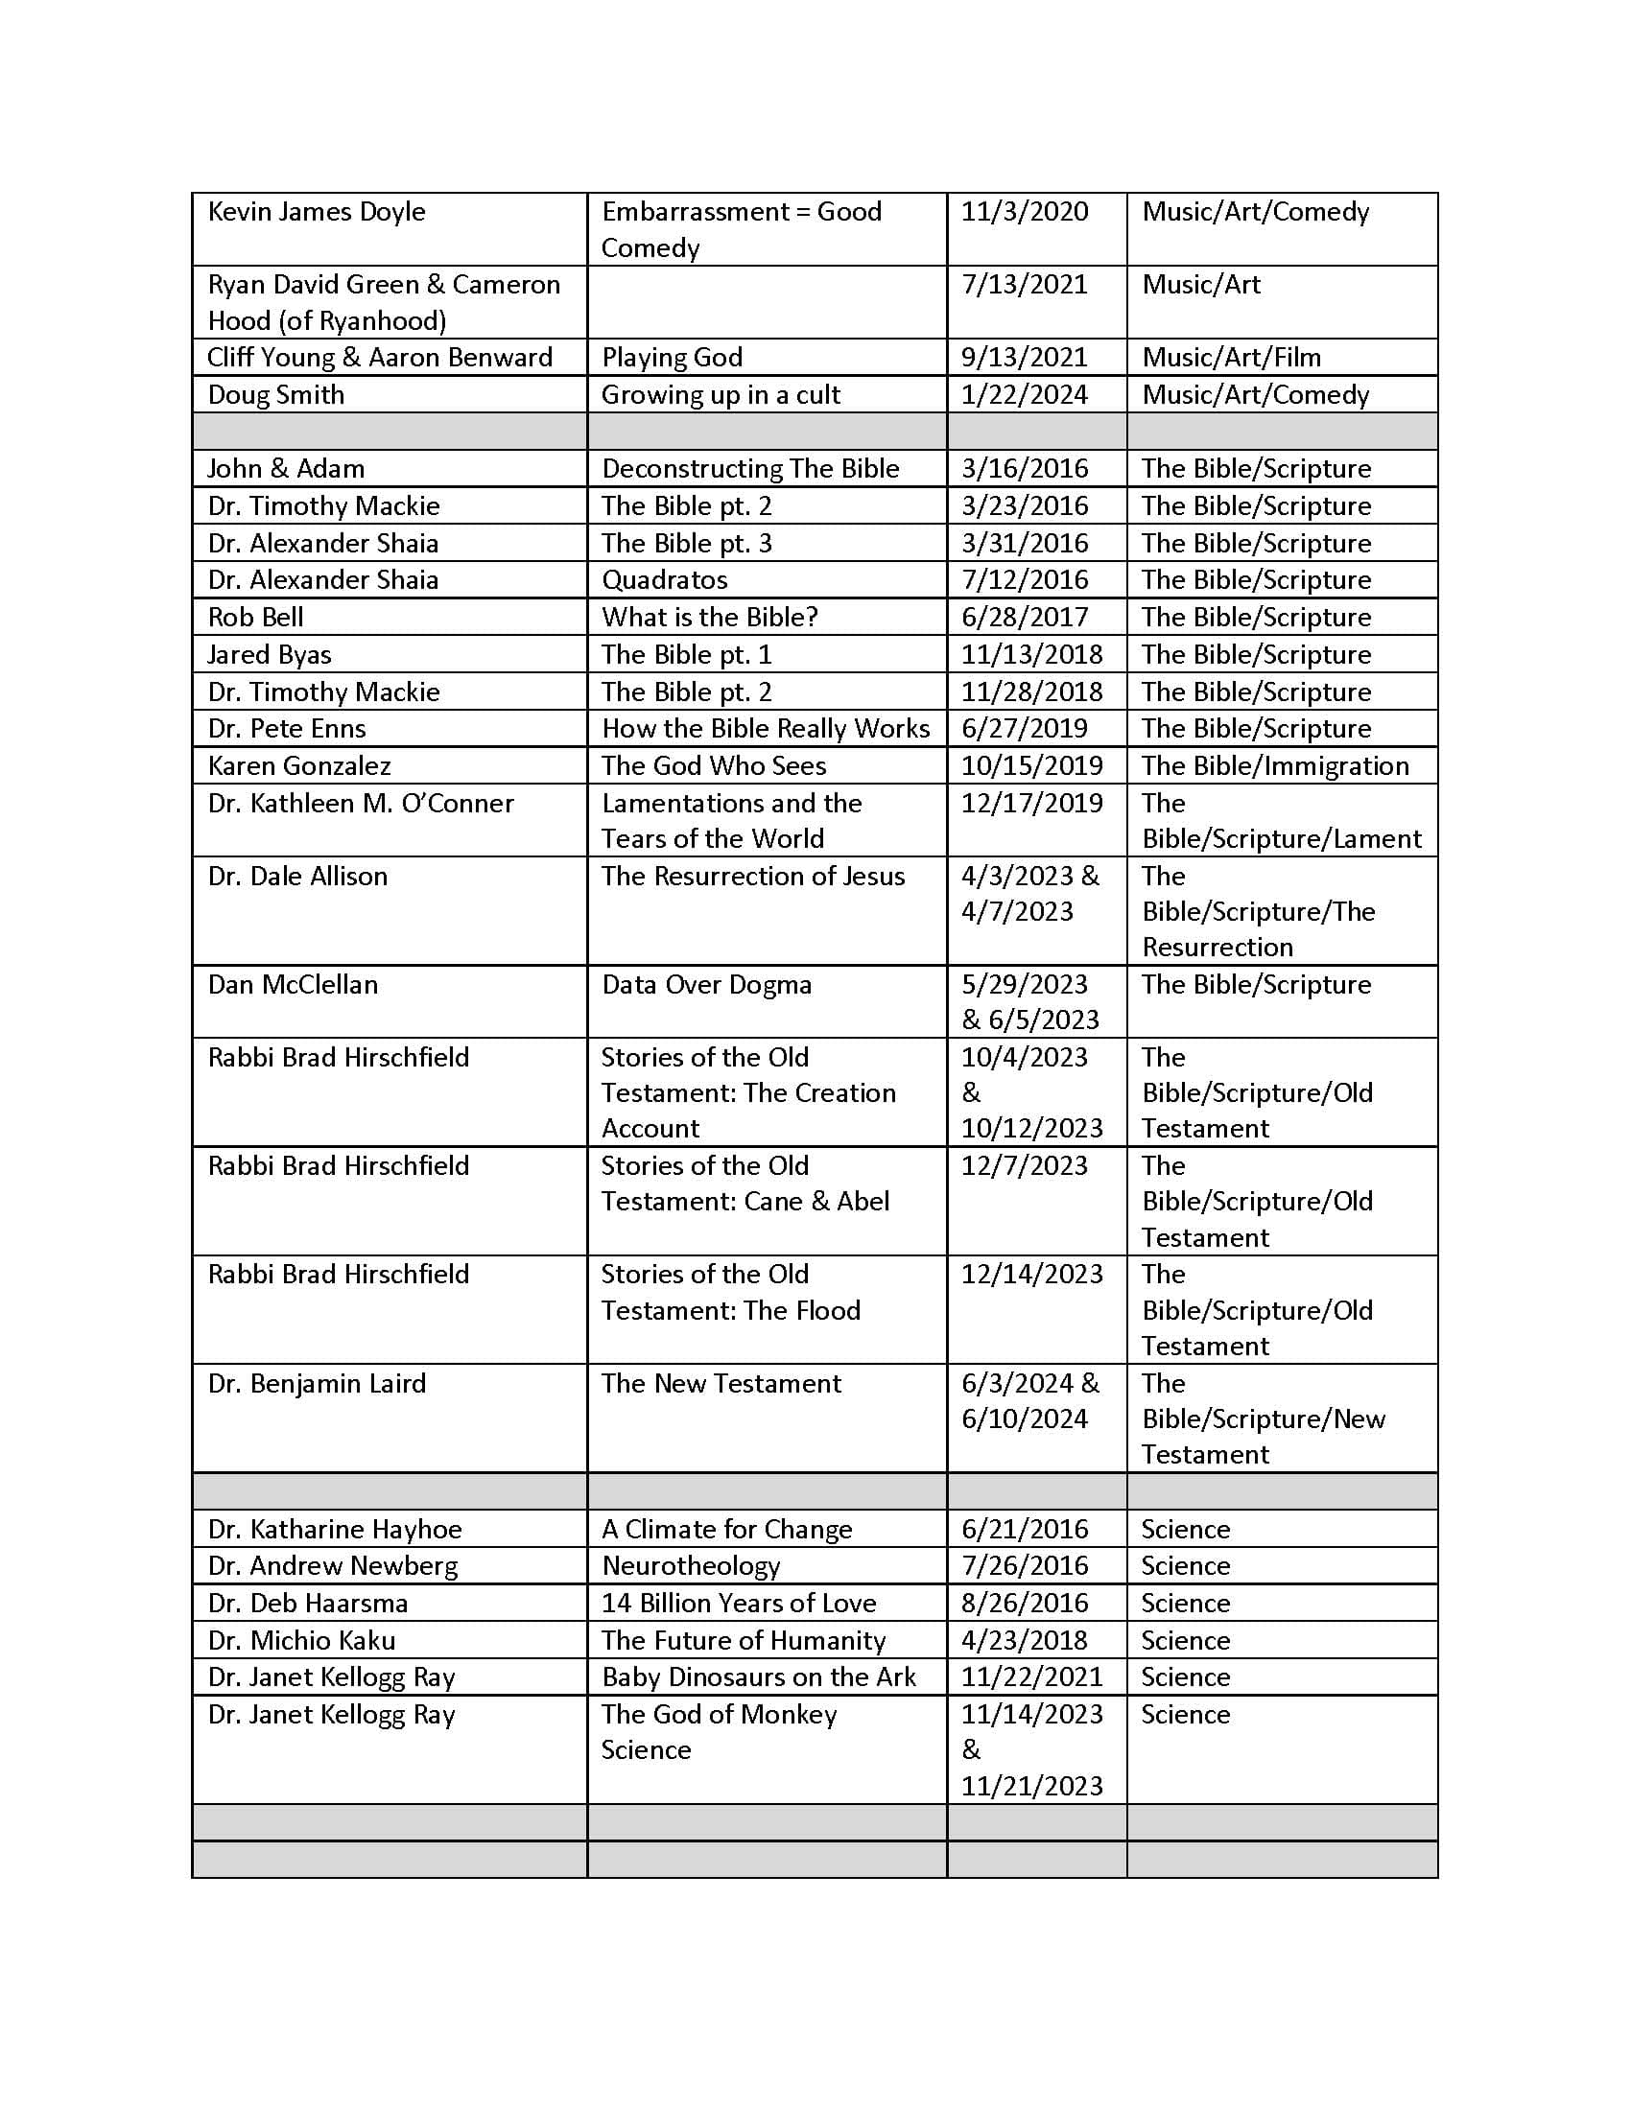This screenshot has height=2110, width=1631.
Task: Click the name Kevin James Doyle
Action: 316,212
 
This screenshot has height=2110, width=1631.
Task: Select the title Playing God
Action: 672,358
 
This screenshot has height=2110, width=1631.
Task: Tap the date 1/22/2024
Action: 1025,394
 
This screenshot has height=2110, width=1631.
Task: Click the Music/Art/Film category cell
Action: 1231,358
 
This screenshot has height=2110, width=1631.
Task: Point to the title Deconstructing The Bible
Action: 750,469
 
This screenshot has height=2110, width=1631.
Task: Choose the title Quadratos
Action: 664,579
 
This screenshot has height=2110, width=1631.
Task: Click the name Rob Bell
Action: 255,617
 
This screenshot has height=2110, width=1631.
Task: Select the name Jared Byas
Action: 270,654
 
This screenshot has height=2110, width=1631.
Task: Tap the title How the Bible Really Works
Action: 766,729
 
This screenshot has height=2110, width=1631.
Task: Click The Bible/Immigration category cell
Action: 1274,765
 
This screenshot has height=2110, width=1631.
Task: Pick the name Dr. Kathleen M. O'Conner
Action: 361,803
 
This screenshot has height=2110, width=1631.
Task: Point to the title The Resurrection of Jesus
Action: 753,876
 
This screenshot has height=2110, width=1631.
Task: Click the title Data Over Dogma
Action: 706,984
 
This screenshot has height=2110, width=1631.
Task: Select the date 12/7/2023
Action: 1025,1165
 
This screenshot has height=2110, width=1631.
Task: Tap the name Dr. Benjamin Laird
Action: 316,1383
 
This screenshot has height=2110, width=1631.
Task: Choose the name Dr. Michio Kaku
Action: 300,1640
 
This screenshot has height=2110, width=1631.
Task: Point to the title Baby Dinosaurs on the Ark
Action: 759,1677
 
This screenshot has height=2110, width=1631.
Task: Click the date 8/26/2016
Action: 1025,1603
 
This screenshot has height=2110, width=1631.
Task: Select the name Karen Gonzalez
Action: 298,765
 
